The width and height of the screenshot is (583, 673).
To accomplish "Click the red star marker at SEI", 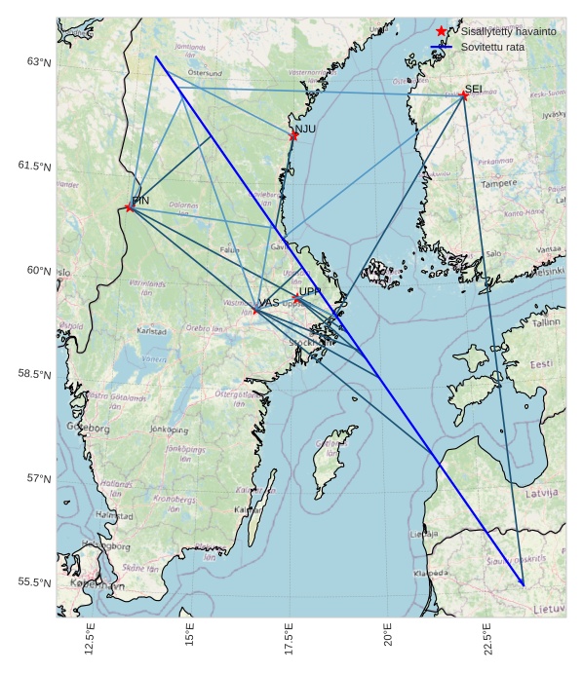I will [x=464, y=95].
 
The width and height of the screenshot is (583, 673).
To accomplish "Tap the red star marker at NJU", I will [x=293, y=135].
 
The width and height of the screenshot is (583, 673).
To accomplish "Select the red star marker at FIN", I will [x=130, y=206].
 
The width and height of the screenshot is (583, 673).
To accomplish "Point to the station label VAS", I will [x=268, y=303].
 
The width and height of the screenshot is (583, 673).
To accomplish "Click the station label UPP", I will [x=309, y=291].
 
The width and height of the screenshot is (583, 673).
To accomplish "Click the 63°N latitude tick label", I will [x=37, y=61].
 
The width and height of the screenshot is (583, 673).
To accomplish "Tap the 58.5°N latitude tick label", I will [x=33, y=374].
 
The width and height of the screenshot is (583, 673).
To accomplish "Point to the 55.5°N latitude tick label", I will [x=33, y=582].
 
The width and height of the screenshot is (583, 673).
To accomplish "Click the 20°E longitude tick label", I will [x=388, y=639].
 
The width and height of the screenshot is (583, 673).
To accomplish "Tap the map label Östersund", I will [x=205, y=72].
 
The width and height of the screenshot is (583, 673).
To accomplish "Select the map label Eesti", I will [x=540, y=364].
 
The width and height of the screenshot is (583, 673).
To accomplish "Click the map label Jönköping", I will [x=168, y=428].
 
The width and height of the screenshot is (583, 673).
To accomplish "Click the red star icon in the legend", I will [x=442, y=31].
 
